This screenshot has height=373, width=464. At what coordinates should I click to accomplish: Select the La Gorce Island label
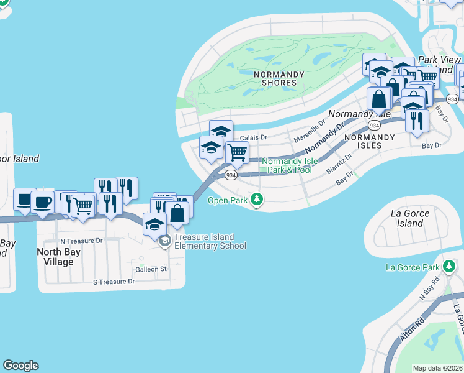click(410, 218)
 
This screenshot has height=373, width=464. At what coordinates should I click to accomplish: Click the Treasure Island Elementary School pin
click(164, 241)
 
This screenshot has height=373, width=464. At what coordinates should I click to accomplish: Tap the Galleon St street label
click(152, 269)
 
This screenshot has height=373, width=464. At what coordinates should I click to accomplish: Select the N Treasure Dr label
click(81, 241)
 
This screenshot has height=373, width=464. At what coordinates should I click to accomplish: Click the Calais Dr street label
click(253, 137)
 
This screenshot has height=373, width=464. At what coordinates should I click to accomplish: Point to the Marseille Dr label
click(310, 131)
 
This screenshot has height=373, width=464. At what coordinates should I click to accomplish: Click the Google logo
click(20, 366)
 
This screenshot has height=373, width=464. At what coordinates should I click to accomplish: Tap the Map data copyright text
click(437, 368)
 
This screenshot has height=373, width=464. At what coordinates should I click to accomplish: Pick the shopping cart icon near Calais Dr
click(236, 152)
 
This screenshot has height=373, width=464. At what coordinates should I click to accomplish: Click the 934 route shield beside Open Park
click(231, 175)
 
